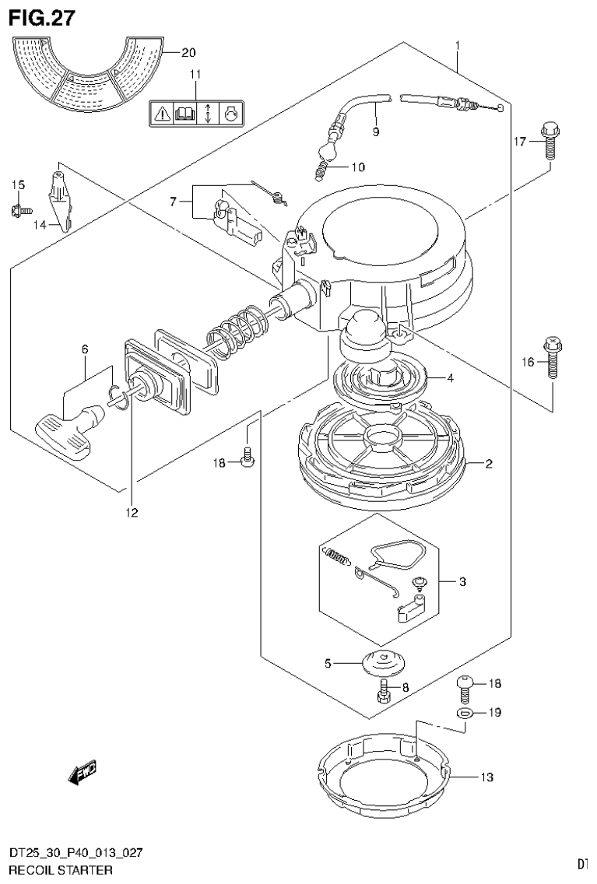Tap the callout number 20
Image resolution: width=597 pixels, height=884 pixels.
(x=188, y=52)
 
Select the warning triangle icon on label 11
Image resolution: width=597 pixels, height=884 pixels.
(x=161, y=114)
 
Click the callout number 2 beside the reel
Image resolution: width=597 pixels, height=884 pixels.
(x=488, y=465)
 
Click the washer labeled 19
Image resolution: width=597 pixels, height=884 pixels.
(x=464, y=712)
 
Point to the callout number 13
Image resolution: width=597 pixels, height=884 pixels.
(x=487, y=777)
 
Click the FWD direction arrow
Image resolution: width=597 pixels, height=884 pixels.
(x=83, y=772)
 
